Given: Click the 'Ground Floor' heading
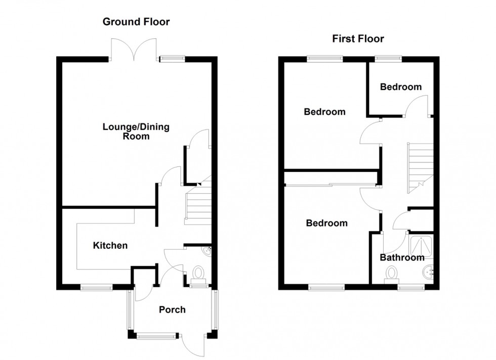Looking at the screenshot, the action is [x=136, y=22].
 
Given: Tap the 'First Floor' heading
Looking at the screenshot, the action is [x=358, y=38].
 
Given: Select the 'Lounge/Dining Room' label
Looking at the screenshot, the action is [x=136, y=131].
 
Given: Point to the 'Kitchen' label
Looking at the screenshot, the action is [x=110, y=245].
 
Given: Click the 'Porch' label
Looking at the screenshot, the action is [x=172, y=309].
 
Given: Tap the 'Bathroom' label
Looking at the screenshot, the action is [x=402, y=257].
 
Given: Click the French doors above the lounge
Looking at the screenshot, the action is [x=134, y=50].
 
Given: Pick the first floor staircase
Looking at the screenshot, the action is [x=420, y=168].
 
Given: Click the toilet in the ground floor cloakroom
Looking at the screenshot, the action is [x=198, y=274].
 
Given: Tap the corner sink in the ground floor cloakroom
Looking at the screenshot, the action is [x=208, y=251].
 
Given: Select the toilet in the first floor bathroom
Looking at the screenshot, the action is [x=392, y=274].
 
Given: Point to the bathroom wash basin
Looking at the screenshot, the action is [x=428, y=272].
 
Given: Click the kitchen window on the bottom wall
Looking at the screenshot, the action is [x=97, y=287].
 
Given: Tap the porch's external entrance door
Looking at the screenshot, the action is [x=193, y=345].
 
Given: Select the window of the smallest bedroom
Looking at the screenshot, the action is [x=389, y=59].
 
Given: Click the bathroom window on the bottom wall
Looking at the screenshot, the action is [x=411, y=287].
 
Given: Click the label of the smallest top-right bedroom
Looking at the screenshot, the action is [x=401, y=87].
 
